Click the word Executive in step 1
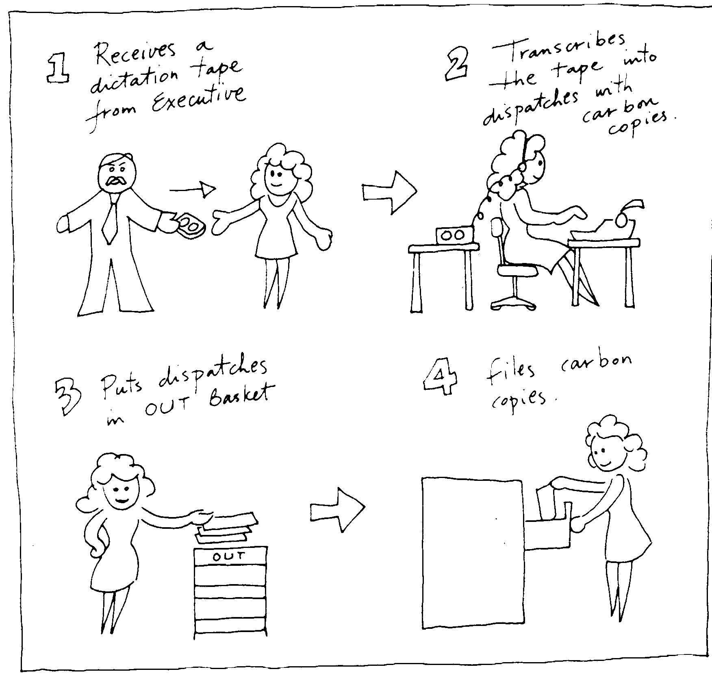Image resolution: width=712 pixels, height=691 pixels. coord(198,100)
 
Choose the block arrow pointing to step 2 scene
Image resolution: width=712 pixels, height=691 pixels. coord(389,192)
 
